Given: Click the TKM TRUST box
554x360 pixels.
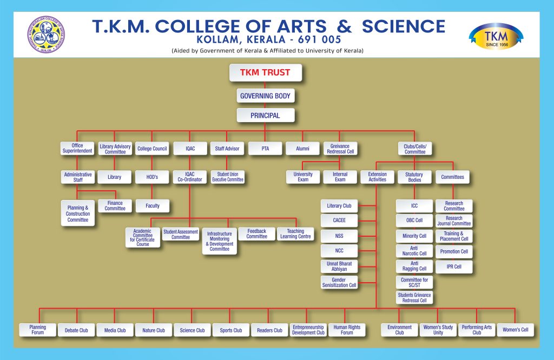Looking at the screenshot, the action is pos(265,72).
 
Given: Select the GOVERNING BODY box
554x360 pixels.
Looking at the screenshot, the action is pos(265,96).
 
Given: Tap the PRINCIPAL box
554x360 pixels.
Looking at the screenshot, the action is pos(265,115).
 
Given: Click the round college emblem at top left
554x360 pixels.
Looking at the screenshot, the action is pos(46,34).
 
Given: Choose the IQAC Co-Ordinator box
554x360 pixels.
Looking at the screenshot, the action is pos(189,176).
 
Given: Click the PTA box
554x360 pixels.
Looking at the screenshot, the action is pos(265,149).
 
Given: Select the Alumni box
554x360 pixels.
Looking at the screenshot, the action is pos(303,149).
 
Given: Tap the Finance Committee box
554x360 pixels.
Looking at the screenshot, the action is pos(115,205).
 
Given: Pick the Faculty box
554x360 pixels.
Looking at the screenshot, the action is pos(152,205).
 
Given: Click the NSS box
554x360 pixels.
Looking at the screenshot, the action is pos(339,236).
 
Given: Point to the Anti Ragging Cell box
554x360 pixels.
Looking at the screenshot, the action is pos(414,266).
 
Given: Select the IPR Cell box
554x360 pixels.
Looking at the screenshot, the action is pos(454,266).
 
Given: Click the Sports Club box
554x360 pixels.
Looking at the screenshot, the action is pos(230,330).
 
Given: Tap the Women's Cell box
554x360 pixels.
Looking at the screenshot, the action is pos(515,329).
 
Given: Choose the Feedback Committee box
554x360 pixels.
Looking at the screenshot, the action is pos(256,234).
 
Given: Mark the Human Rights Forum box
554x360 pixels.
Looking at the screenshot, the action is pos(347,330).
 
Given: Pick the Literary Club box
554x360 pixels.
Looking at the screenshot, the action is pos(339,206).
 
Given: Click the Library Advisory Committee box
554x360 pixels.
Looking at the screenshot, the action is pos(115,149).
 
